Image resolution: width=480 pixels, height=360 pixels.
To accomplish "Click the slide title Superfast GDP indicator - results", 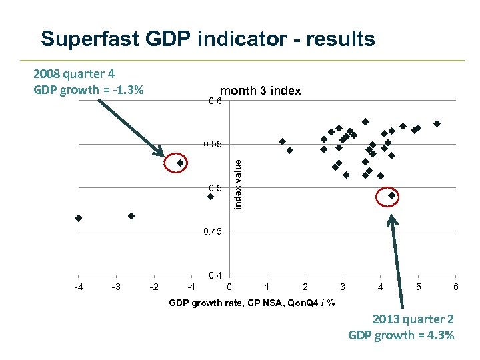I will tap(207, 39).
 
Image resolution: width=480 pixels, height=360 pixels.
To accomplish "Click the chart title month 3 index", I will tap(260, 91).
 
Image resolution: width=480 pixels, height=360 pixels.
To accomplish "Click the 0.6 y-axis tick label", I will tap(215, 101).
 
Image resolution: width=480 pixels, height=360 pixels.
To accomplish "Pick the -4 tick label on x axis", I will tap(79, 287).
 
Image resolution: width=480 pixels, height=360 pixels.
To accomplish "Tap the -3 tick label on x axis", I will tap(116, 287).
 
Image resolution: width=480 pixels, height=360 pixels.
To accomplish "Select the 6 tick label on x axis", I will tap(455, 287).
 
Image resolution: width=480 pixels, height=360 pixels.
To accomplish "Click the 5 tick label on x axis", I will tap(418, 287).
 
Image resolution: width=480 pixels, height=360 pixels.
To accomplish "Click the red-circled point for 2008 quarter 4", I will tap(180, 163).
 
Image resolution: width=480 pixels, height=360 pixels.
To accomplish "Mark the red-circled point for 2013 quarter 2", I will tap(392, 196).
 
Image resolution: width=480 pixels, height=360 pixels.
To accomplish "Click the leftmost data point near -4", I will tap(79, 218).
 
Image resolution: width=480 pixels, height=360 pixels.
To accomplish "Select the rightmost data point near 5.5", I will tap(437, 123).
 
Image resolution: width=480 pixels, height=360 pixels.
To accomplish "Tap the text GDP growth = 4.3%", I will tap(401, 335).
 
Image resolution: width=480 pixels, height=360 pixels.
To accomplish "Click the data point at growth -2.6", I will tap(131, 216).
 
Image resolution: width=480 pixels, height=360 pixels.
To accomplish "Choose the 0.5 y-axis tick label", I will tap(215, 188).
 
